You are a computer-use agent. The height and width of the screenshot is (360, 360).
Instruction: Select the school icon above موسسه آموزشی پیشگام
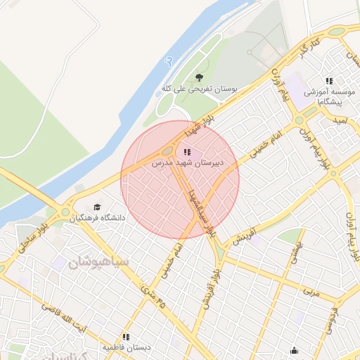[x=329, y=81]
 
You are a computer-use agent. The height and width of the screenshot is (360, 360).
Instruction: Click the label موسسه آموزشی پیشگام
[x=326, y=97]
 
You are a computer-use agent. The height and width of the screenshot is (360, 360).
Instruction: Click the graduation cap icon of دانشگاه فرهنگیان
[x=96, y=207]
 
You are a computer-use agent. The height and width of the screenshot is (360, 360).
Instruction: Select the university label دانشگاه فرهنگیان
[x=97, y=218]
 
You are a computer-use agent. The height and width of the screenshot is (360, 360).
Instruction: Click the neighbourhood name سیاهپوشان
[x=99, y=264]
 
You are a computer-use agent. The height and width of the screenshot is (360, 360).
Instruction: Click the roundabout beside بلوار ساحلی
[x=66, y=212]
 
